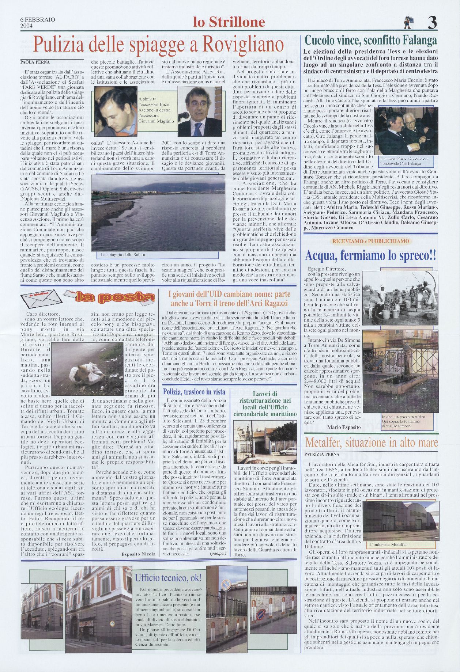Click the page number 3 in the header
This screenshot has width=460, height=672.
pyautogui.click(x=432, y=23)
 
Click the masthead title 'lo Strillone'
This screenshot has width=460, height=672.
pyautogui.click(x=229, y=23)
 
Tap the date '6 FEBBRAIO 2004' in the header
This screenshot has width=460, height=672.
pyautogui.click(x=38, y=23)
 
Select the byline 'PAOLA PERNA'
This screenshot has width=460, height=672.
pyautogui.click(x=34, y=62)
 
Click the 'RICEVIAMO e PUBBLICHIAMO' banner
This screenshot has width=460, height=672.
pyautogui.click(x=370, y=241)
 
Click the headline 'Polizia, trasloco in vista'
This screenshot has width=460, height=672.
pyautogui.click(x=194, y=392)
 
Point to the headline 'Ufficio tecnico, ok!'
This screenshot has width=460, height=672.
pyautogui.click(x=168, y=578)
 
